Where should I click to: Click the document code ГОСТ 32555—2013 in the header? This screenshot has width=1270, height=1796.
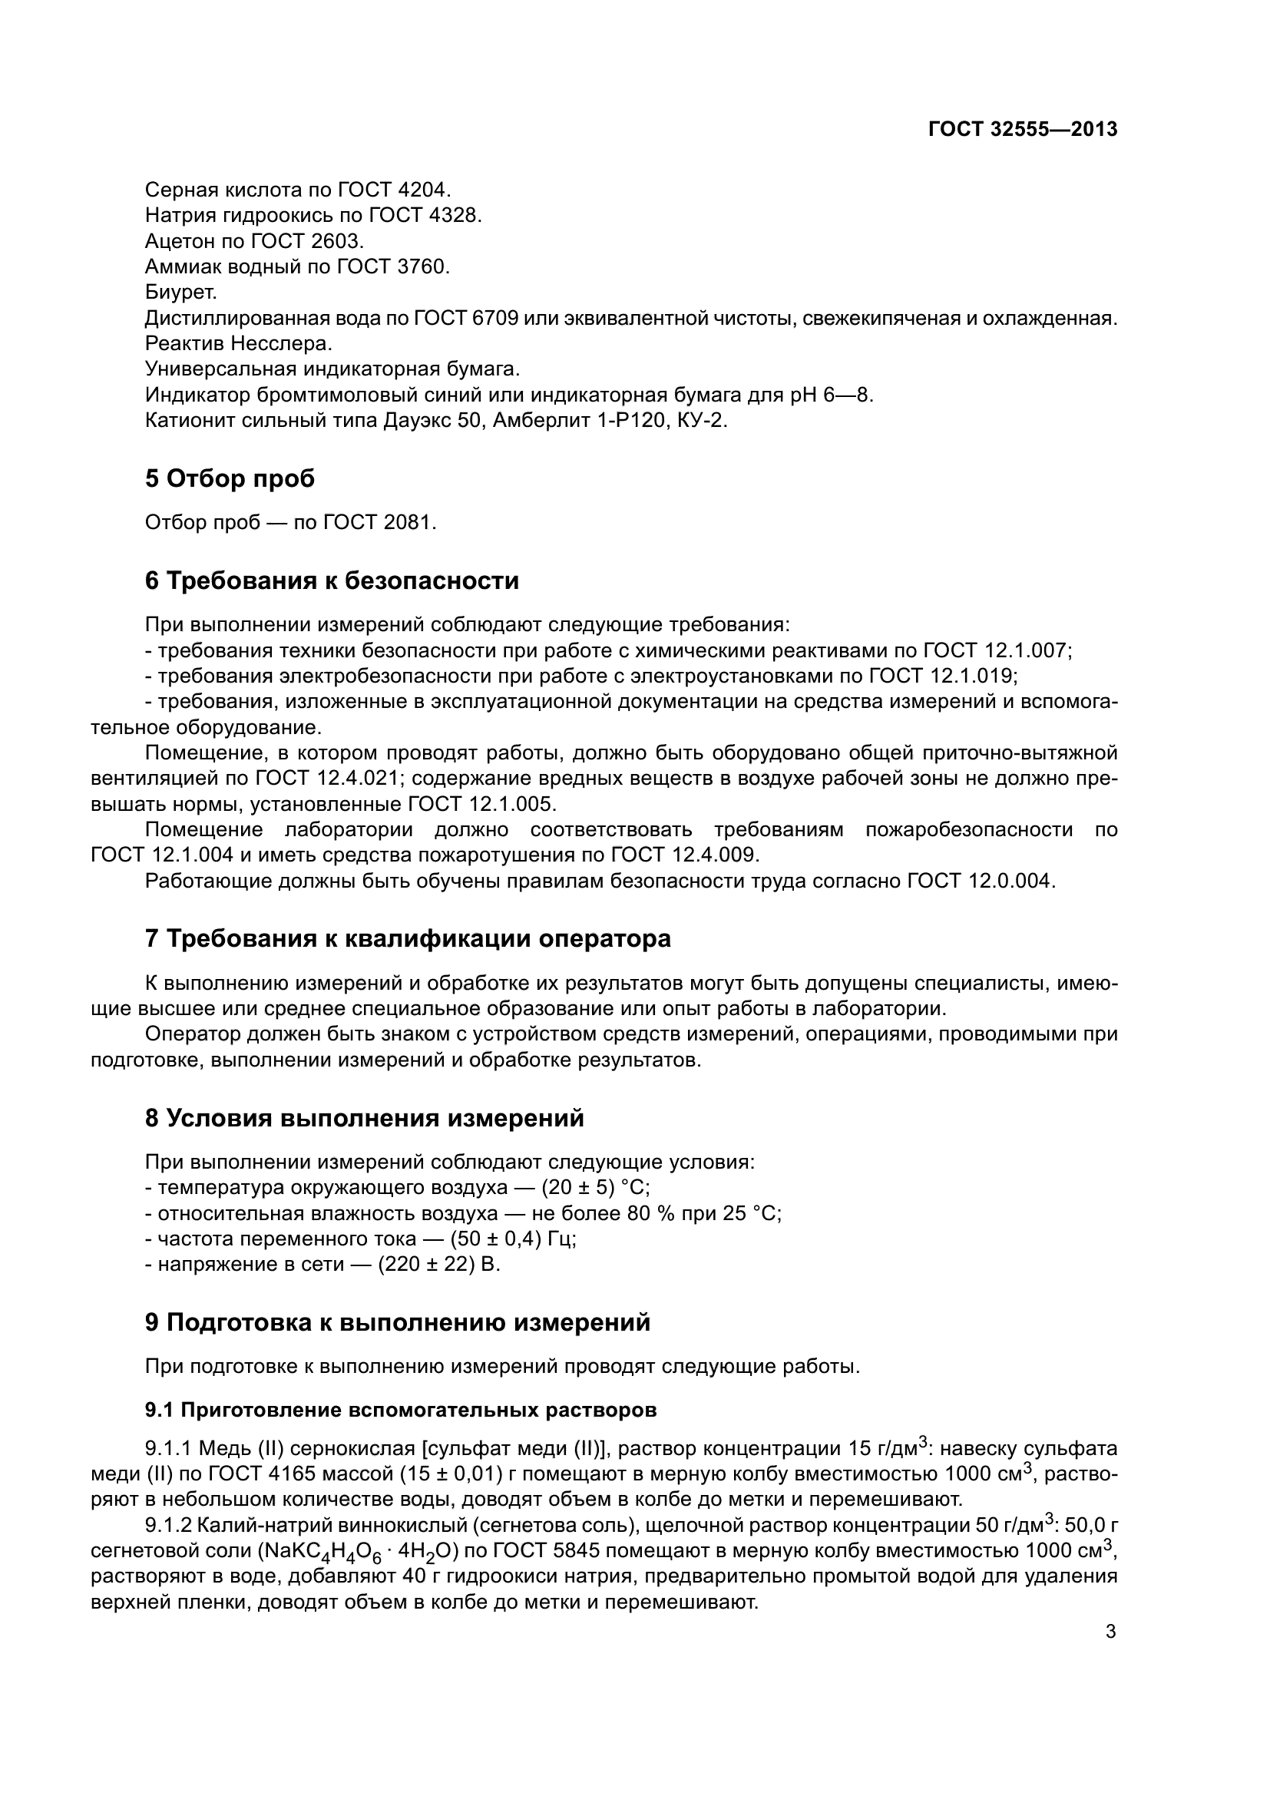[1023, 130]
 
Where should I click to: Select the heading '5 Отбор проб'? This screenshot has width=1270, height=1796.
[230, 478]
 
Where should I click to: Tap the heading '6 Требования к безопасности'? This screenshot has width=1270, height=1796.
[332, 581]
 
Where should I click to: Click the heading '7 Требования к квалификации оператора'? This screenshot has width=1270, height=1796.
[408, 938]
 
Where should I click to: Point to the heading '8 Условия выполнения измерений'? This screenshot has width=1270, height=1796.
[365, 1119]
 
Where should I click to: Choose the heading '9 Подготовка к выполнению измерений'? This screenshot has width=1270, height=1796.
[397, 1323]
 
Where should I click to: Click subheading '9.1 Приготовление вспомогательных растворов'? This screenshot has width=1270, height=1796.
[400, 1411]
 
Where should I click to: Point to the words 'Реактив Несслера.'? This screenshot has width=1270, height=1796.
[239, 344]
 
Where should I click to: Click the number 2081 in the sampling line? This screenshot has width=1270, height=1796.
[410, 523]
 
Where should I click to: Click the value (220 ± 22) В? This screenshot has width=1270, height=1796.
[438, 1265]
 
